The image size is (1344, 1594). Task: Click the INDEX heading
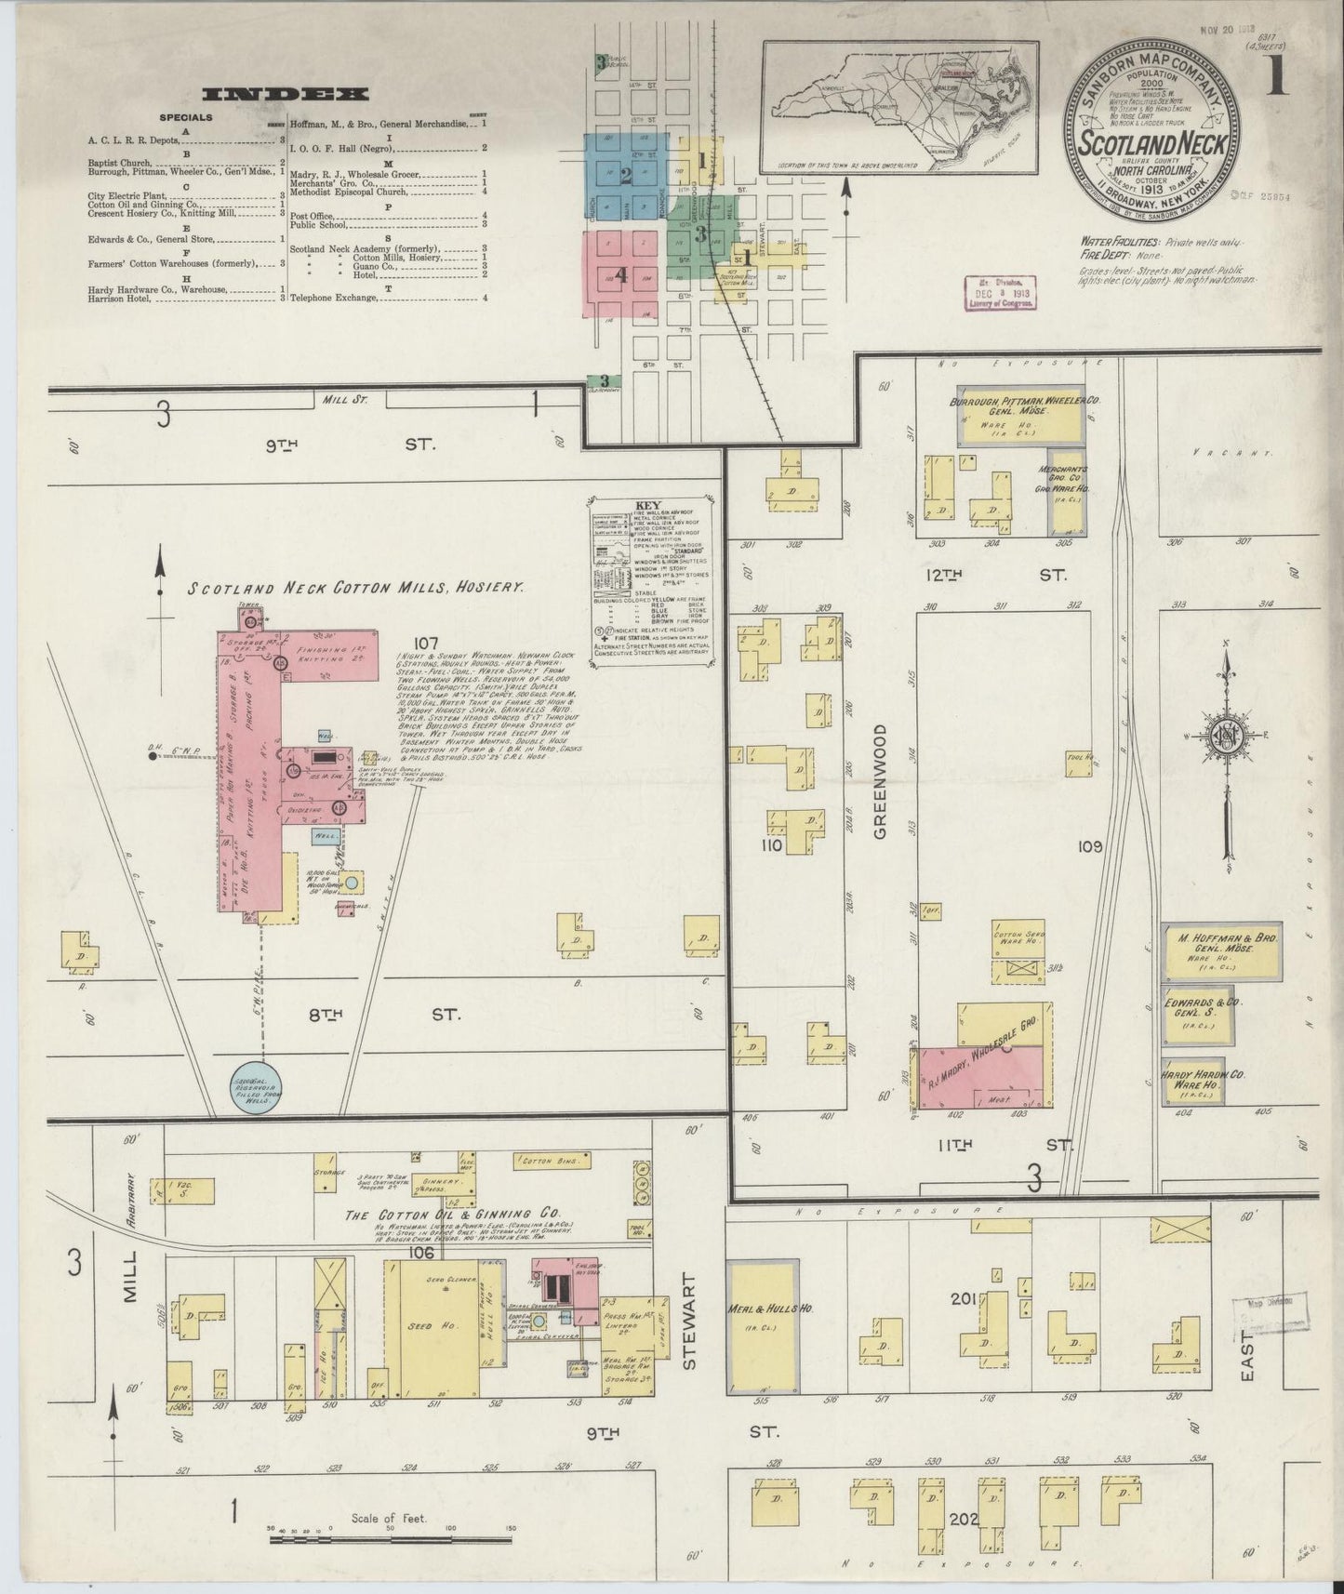click(286, 94)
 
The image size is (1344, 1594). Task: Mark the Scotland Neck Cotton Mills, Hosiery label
click(357, 588)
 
